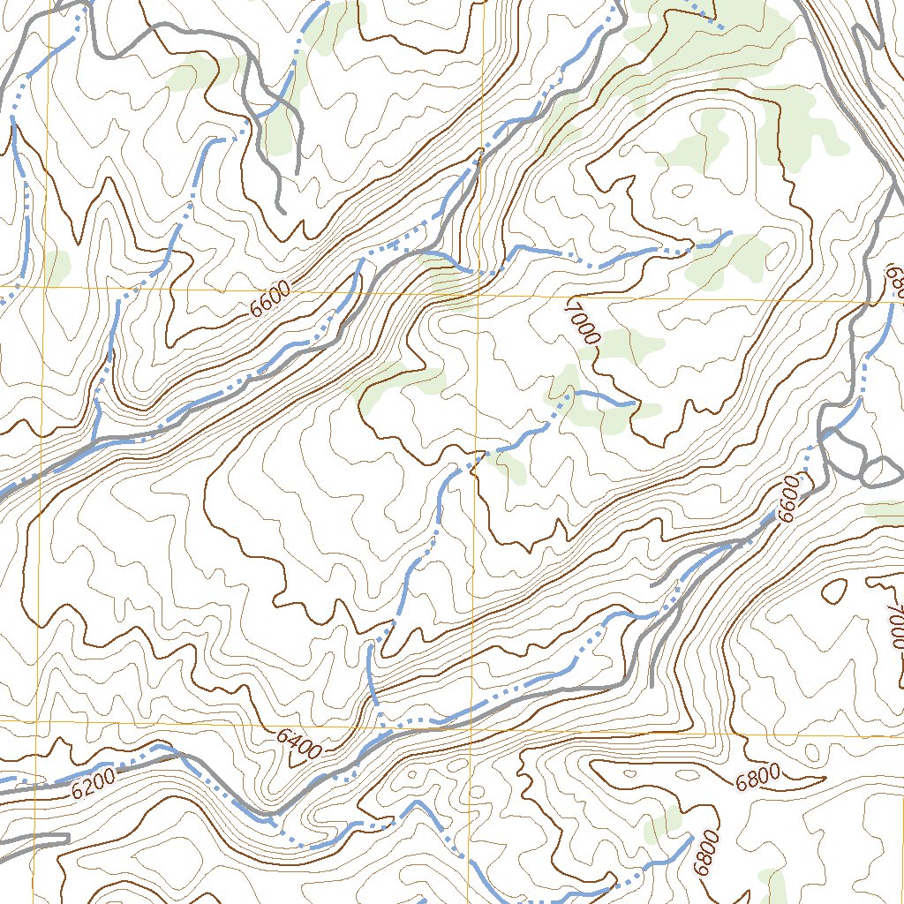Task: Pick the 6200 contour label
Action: [94, 785]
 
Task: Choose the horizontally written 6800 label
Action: [757, 777]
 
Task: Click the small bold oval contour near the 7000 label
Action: [833, 593]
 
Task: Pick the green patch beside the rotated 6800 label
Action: [664, 825]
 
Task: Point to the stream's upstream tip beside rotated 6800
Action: [689, 838]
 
